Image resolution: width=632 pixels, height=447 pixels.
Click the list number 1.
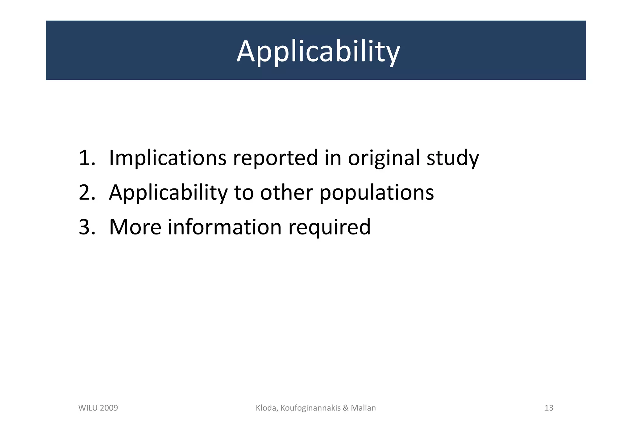(x=86, y=158)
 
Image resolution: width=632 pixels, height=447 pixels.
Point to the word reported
(x=275, y=158)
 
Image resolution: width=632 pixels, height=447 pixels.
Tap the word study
(x=452, y=158)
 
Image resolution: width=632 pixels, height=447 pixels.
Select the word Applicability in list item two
(x=168, y=192)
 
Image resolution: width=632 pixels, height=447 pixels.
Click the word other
(x=286, y=192)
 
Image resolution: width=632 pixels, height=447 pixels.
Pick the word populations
(x=376, y=192)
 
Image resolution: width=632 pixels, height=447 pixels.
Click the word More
(x=135, y=227)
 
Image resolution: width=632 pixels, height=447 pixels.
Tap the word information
(x=224, y=227)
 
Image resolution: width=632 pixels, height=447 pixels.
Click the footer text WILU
(x=88, y=408)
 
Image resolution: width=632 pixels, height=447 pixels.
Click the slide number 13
(x=549, y=408)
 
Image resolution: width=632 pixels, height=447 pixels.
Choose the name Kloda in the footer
(x=267, y=408)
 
